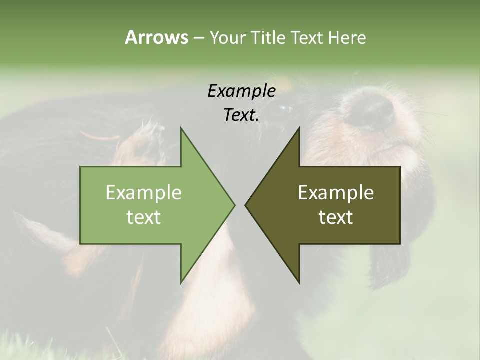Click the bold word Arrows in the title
[156, 37]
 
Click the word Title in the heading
[267, 38]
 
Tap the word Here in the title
[347, 38]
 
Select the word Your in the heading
[228, 38]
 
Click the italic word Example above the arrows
[241, 91]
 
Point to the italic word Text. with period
[241, 115]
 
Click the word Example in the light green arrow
[143, 193]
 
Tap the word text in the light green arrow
[143, 217]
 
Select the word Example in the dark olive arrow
[336, 193]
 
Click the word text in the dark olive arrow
[336, 217]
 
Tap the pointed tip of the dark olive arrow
[246, 205]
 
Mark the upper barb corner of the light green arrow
[181, 128]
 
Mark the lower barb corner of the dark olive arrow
[299, 282]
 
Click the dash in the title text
[198, 38]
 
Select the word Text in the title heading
[306, 38]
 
